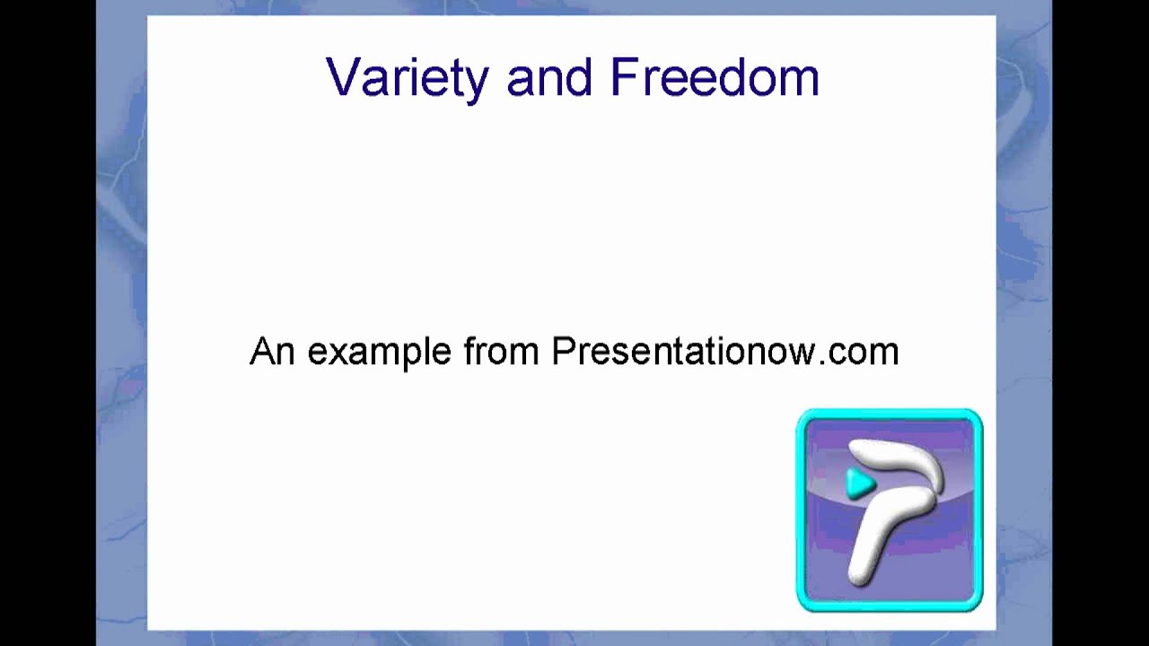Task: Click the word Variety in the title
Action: pyautogui.click(x=407, y=78)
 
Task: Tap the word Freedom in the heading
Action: pyautogui.click(x=715, y=78)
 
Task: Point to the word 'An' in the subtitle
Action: pyautogui.click(x=273, y=351)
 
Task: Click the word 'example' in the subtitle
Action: pyautogui.click(x=380, y=353)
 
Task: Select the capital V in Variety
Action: pyautogui.click(x=342, y=78)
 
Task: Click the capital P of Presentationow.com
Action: pyautogui.click(x=562, y=351)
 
